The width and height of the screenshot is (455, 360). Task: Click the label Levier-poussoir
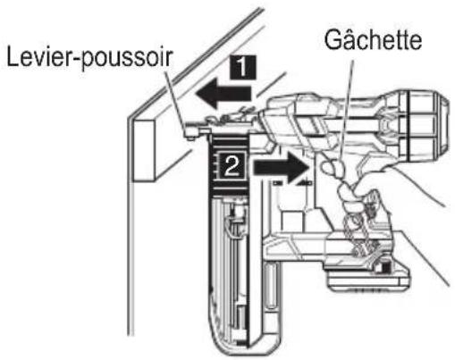[89, 58]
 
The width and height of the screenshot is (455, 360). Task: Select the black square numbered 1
[243, 67]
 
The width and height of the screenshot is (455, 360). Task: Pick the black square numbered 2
[232, 165]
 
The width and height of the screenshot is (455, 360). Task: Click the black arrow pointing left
[223, 94]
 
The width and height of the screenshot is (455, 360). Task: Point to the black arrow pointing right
[280, 167]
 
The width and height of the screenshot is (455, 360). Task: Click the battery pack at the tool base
[368, 277]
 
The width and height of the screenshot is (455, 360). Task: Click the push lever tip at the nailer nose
[190, 133]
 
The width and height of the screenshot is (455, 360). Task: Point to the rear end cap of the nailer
[427, 125]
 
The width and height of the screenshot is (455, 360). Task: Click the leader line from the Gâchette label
[347, 108]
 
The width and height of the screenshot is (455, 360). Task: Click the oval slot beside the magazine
[271, 286]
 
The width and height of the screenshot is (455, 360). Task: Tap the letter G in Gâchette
[333, 39]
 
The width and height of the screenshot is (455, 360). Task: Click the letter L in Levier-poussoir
[13, 56]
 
